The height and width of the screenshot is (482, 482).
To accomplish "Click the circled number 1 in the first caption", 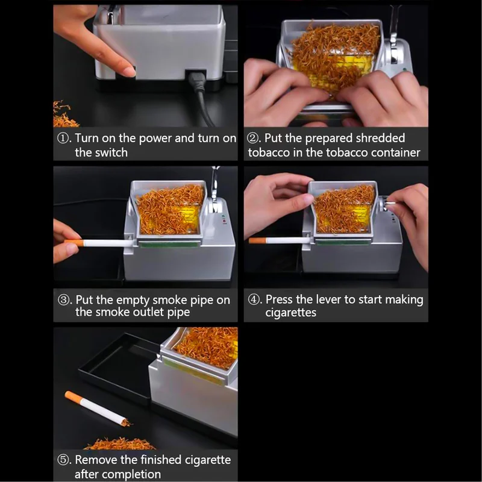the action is (x=63, y=138).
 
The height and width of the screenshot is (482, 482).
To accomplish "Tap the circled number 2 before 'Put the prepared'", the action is (x=253, y=138).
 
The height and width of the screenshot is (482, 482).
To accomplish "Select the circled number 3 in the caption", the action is (x=63, y=299).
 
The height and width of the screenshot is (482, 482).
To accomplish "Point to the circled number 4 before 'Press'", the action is (x=253, y=299).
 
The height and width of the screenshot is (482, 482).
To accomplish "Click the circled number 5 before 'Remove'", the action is (x=63, y=460).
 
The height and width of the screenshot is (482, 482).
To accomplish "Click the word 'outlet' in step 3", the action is (x=148, y=312).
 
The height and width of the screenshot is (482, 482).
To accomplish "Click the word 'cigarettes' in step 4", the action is (x=291, y=313).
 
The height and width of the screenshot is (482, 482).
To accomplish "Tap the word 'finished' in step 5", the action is (x=161, y=460).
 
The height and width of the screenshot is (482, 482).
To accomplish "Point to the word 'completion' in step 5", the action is (x=117, y=474).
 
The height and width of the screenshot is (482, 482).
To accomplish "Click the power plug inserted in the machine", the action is (x=196, y=81).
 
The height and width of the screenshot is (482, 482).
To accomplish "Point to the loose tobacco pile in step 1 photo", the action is (x=64, y=115).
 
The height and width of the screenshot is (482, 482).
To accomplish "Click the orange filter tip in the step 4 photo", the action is (x=258, y=240).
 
